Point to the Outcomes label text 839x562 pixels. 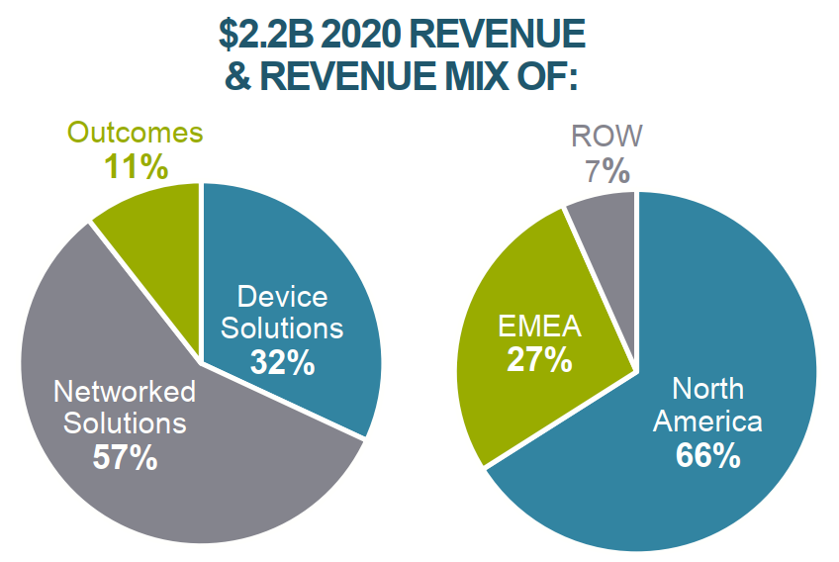pyautogui.click(x=135, y=134)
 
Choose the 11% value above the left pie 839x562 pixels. pyautogui.click(x=136, y=166)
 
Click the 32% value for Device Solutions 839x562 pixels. pyautogui.click(x=282, y=362)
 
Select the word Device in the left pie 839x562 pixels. pyautogui.click(x=282, y=297)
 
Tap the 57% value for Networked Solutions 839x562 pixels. pyautogui.click(x=125, y=457)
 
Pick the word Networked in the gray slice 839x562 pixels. pyautogui.click(x=125, y=392)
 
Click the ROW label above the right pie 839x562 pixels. pyautogui.click(x=606, y=136)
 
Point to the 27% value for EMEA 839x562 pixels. pyautogui.click(x=539, y=358)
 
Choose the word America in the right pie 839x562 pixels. pyautogui.click(x=708, y=421)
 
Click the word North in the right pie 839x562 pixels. pyautogui.click(x=708, y=389)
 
